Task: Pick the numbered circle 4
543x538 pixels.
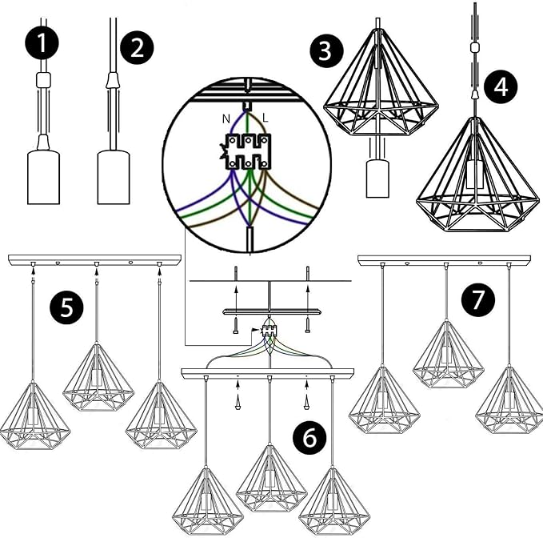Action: point(501,86)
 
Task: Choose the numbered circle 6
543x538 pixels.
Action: point(310,436)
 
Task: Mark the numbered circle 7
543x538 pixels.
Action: point(477,300)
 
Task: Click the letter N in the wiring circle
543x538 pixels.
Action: point(226,118)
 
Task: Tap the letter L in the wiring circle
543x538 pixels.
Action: point(265,118)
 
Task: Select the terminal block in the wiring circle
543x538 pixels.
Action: point(249,151)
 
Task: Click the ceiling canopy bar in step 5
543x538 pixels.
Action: point(94,260)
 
